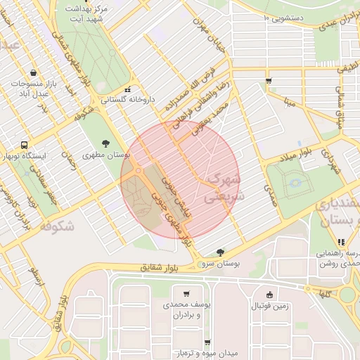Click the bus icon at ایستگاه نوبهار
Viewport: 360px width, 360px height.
tap(25, 143)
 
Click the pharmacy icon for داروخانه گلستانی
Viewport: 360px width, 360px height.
tap(127, 90)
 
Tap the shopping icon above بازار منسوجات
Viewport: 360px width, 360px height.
tap(34, 72)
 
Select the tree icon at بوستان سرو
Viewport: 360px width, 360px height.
tap(221, 251)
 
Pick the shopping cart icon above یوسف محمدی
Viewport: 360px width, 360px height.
tap(186, 294)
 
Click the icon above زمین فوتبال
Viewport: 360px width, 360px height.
tap(270, 295)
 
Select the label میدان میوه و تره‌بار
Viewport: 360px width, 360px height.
tap(197, 352)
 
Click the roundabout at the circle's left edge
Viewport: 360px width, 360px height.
tap(139, 170)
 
